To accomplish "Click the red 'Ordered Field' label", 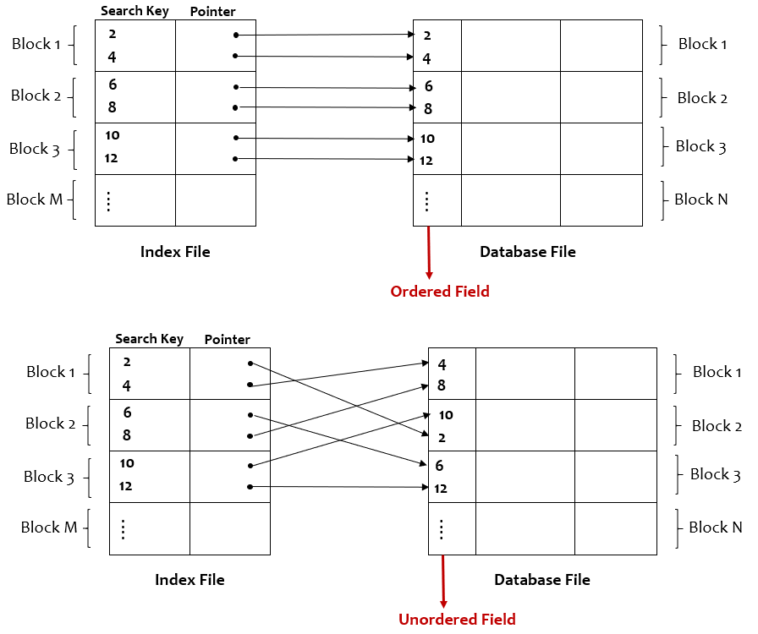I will click(x=439, y=292).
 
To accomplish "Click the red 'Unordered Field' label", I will click(x=457, y=619).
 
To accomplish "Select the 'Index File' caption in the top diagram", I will click(x=175, y=252).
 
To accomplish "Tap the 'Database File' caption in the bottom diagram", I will click(x=541, y=580).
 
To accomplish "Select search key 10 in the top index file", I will click(x=113, y=136).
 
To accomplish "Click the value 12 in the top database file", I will click(x=426, y=160).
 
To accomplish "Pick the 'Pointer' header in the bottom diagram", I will click(x=228, y=340).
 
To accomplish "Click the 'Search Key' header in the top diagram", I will click(x=135, y=11).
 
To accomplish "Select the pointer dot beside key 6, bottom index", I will click(x=250, y=415).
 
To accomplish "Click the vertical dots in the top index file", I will click(x=108, y=201).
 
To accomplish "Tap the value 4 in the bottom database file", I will click(x=442, y=365).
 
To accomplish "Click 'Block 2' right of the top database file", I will click(x=702, y=98).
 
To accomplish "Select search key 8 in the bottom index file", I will click(x=127, y=435).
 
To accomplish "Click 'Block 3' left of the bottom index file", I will click(x=49, y=477).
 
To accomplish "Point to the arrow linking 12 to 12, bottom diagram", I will click(x=338, y=487).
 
